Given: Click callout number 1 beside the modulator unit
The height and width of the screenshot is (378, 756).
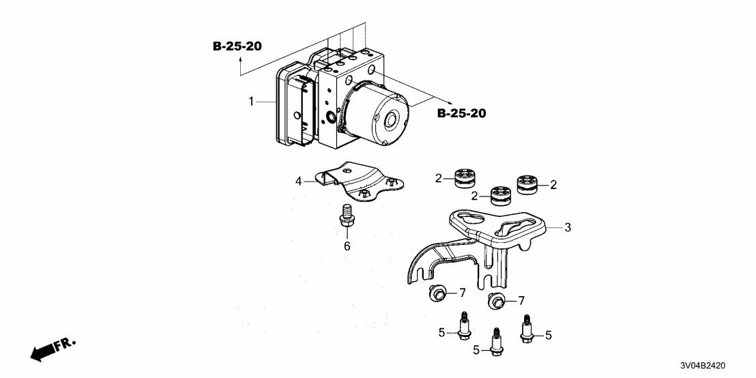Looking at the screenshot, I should pyautogui.click(x=251, y=102).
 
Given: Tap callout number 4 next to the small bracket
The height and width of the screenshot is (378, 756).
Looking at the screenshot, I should pyautogui.click(x=298, y=181).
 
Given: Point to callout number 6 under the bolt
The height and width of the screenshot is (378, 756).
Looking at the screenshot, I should pyautogui.click(x=347, y=246).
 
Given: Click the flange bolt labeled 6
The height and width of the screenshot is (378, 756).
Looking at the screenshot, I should pyautogui.click(x=346, y=216).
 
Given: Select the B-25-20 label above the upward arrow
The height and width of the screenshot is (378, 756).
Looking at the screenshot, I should pyautogui.click(x=237, y=46).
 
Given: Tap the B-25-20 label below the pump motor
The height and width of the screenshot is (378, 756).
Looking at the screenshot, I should pyautogui.click(x=461, y=113).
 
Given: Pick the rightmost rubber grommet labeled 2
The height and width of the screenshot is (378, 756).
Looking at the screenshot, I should pyautogui.click(x=528, y=185).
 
